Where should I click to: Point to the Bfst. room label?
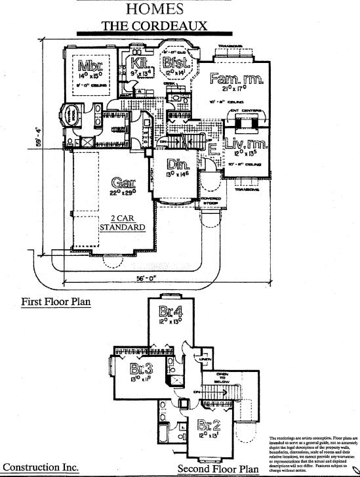(x=176, y=64)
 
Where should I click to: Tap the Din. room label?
(x=174, y=165)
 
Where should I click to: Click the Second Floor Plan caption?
(x=218, y=469)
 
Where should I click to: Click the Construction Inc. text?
(x=41, y=467)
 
